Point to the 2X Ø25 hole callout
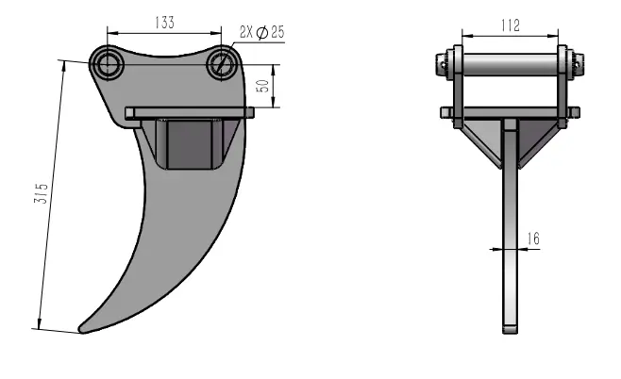(x=263, y=33)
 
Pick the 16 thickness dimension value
(x=532, y=239)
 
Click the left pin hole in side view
(x=106, y=64)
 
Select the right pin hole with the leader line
(x=222, y=64)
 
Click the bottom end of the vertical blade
(x=510, y=330)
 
